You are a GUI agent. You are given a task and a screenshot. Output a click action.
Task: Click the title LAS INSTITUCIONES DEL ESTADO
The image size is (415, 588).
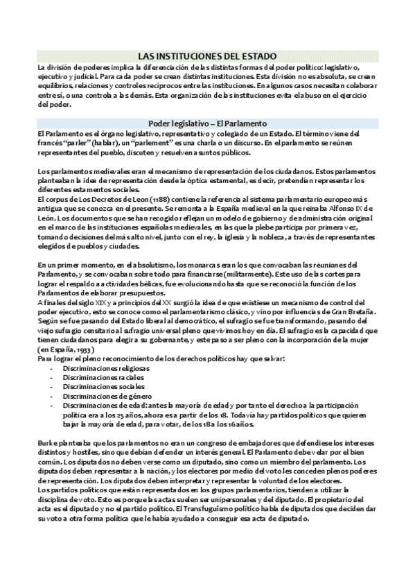point(207,55)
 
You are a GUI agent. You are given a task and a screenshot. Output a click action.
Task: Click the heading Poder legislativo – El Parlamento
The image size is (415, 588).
point(207,123)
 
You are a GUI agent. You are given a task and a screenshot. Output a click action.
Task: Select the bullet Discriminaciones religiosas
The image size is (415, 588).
point(105,368)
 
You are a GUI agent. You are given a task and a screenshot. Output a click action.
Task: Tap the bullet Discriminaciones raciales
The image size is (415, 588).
point(101,379)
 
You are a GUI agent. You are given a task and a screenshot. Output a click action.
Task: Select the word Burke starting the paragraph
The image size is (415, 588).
point(47,442)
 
